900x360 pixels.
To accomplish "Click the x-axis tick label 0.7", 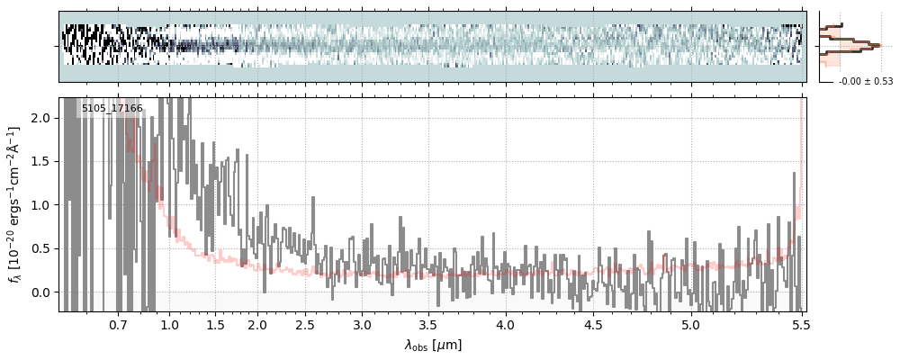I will point(118,324).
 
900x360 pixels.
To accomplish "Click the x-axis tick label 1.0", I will point(170,324).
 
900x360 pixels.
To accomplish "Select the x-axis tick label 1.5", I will point(215,324).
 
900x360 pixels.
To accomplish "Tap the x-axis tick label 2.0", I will point(257,324).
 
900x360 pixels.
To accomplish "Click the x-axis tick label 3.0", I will point(362,324).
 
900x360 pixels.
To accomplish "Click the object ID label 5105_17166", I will point(112,109).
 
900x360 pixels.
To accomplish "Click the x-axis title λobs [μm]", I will point(433,345).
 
